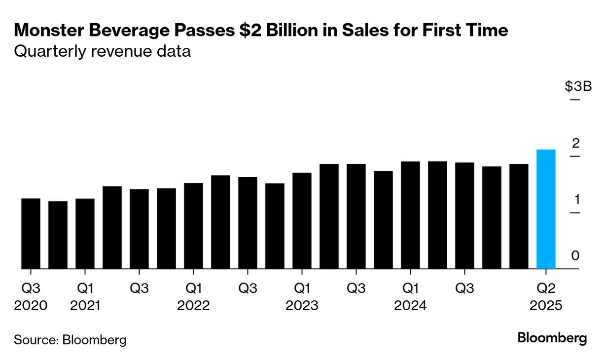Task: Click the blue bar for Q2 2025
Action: pyautogui.click(x=546, y=209)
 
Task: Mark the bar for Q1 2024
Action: pyautogui.click(x=410, y=215)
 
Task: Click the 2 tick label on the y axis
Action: pyautogui.click(x=575, y=144)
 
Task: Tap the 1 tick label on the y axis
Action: pyautogui.click(x=575, y=200)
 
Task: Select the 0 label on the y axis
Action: pyautogui.click(x=575, y=255)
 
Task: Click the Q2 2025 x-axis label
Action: pyautogui.click(x=546, y=296)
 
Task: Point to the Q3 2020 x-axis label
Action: pyautogui.click(x=31, y=296)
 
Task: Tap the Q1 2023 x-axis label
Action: pyautogui.click(x=302, y=296)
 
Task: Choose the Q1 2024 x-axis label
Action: pyautogui.click(x=410, y=296)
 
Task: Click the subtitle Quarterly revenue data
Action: pyautogui.click(x=102, y=51)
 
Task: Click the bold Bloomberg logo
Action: pyautogui.click(x=552, y=338)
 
